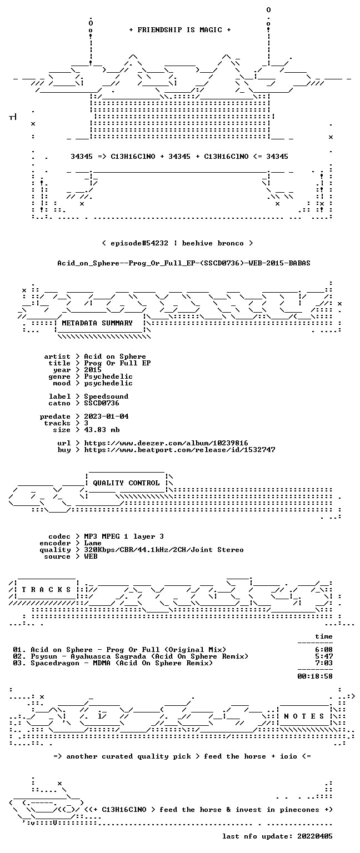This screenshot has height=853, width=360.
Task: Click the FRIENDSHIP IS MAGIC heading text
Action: (x=180, y=29)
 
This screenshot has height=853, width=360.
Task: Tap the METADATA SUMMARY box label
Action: (x=97, y=323)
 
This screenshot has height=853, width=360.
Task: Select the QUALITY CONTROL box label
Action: (x=126, y=483)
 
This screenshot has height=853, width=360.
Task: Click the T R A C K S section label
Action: (x=46, y=589)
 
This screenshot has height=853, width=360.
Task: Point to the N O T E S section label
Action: (x=304, y=716)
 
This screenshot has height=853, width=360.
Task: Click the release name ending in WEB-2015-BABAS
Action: (x=184, y=263)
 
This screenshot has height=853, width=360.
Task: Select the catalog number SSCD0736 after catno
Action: (x=102, y=403)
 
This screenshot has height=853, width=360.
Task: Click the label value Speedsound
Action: (x=106, y=397)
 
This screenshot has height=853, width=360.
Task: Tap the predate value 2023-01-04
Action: (x=106, y=417)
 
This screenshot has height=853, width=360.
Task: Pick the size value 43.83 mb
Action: (x=102, y=430)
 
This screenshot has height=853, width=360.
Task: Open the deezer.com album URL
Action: (x=166, y=443)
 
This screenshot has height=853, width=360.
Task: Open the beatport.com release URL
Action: (x=179, y=450)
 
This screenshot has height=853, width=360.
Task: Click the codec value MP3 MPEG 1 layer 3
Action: (x=124, y=536)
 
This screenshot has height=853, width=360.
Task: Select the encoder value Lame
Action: (x=93, y=543)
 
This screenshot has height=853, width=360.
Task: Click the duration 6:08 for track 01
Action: (x=324, y=650)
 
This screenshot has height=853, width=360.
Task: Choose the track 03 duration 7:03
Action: (x=324, y=663)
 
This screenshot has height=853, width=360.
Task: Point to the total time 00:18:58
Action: (x=315, y=676)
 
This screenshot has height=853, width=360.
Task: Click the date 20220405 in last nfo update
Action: (x=315, y=836)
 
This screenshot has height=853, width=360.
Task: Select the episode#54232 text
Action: (x=139, y=243)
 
